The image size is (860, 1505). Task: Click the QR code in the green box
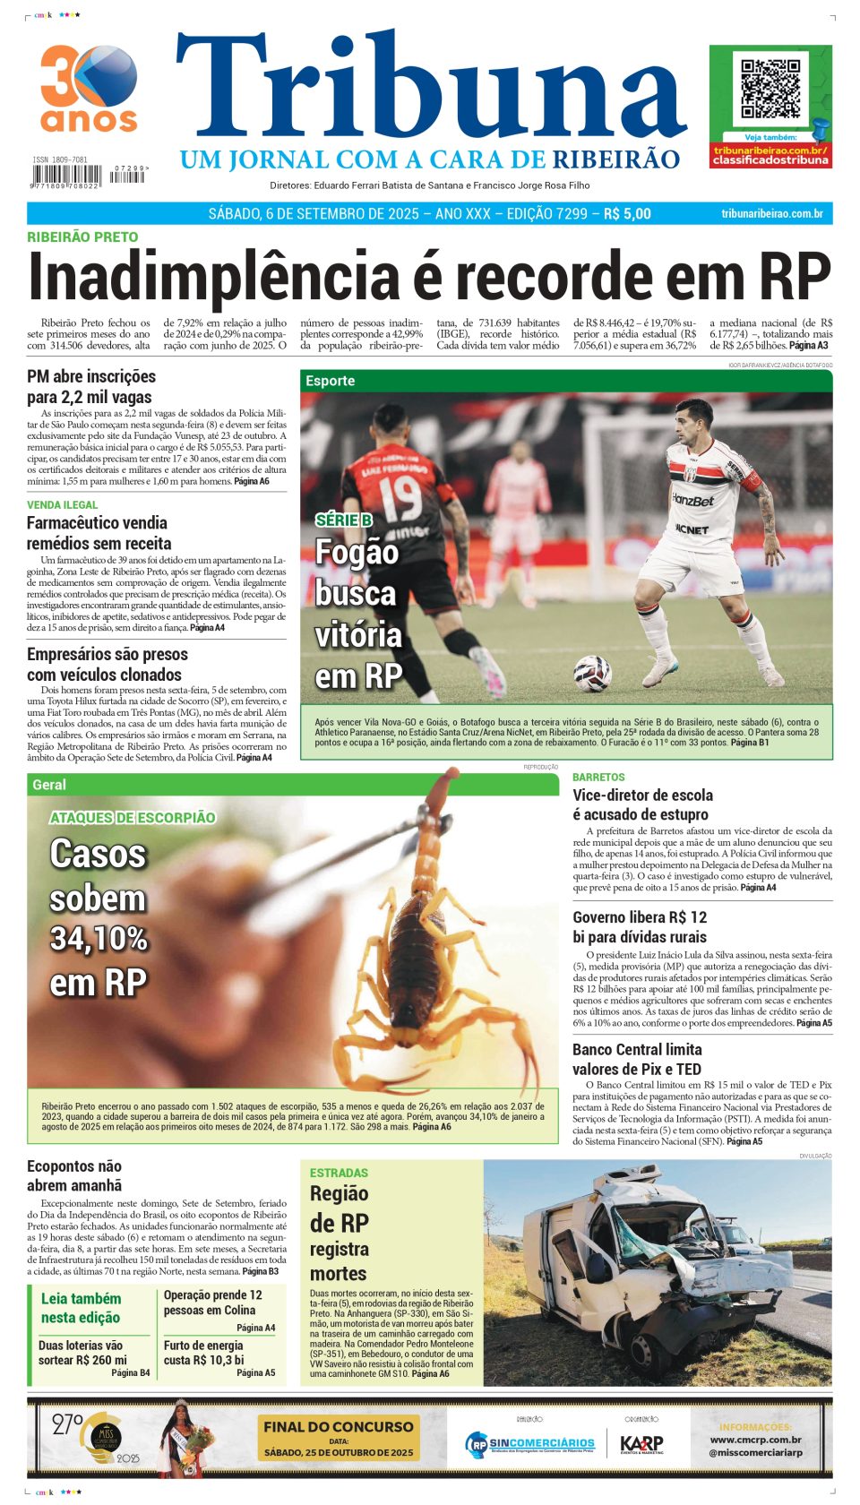coord(770,90)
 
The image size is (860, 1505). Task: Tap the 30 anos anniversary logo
coord(89,88)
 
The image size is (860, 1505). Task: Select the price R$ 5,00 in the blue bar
coord(627,214)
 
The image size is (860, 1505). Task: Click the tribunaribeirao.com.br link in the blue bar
coord(771,214)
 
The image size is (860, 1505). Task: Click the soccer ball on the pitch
coord(591,673)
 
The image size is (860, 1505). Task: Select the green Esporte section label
coord(330,381)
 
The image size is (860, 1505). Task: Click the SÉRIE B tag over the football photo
coord(343,520)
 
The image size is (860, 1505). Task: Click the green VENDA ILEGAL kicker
coord(62,505)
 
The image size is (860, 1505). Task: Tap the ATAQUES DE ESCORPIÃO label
coord(133,818)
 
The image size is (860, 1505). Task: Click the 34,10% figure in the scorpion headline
coord(99,939)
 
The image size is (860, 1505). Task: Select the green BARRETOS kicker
coord(598,778)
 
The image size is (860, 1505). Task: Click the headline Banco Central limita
coord(637,1050)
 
